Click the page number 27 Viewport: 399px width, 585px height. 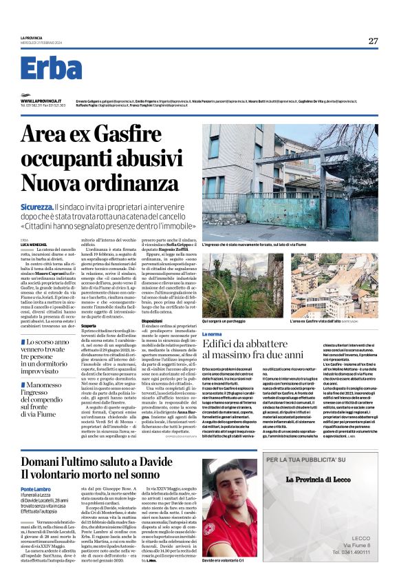click(373, 41)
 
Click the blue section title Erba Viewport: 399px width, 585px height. click(61, 69)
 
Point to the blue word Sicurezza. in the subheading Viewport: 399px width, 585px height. click(37, 207)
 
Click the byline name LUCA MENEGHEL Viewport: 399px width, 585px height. click(32, 246)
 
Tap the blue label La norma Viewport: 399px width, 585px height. click(213, 333)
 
